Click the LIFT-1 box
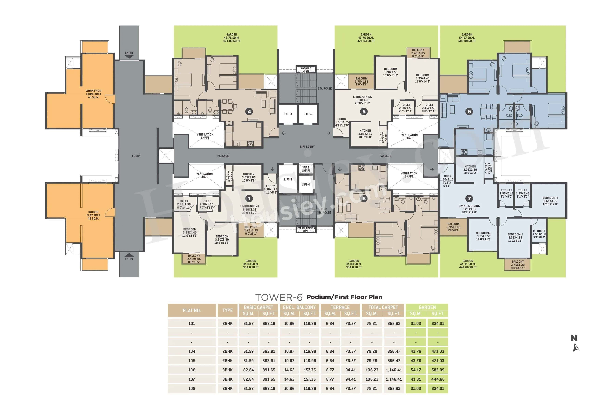[x=288, y=114]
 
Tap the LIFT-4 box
[x=306, y=185]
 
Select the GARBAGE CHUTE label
[x=306, y=70]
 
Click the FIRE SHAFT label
[x=306, y=169]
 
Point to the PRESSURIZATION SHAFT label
[x=306, y=229]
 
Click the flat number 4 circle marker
[x=249, y=112]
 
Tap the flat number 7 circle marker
[x=469, y=198]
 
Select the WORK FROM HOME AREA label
[x=93, y=94]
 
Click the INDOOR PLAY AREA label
[x=93, y=215]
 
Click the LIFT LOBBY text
[x=307, y=147]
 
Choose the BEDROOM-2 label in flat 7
[x=550, y=201]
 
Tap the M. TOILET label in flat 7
[x=539, y=234]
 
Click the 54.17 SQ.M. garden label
[x=467, y=38]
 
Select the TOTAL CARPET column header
[x=383, y=307]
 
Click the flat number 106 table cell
[x=192, y=370]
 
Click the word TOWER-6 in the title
[x=279, y=297]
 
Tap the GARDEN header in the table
[x=427, y=307]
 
